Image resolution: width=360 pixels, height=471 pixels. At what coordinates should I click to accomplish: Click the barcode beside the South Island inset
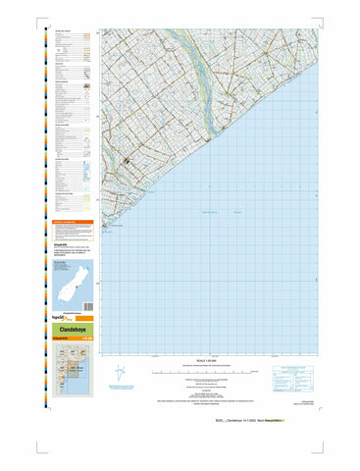84,284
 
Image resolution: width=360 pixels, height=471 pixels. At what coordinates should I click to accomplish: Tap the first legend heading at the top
63,31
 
